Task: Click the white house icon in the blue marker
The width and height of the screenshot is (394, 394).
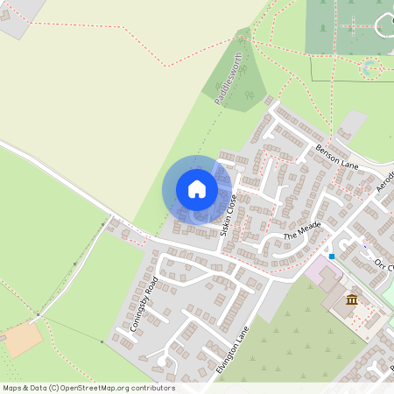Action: tap(197, 189)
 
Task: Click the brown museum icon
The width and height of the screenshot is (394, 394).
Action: tap(352, 301)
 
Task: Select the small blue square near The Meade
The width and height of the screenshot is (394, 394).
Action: tap(332, 256)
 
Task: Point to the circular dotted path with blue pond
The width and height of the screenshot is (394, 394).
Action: tap(371, 67)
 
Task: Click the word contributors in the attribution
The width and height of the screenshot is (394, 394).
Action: tap(152, 388)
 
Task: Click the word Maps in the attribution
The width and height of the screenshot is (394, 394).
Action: tap(12, 388)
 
